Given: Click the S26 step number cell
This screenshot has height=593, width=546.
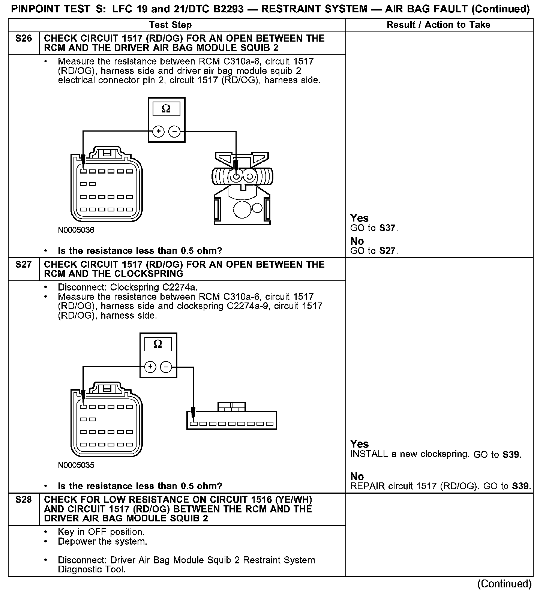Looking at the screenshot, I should click(x=24, y=39).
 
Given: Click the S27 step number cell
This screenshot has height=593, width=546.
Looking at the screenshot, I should click(x=24, y=265).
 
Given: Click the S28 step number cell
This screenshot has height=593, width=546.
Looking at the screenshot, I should click(x=24, y=500).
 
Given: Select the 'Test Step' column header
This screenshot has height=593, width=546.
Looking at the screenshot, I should click(x=170, y=25).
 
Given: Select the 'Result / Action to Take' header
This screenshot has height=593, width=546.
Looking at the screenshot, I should click(x=438, y=25).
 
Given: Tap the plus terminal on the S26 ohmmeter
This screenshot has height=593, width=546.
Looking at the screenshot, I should click(x=159, y=132).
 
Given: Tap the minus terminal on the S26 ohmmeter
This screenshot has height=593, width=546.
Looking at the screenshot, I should click(x=174, y=132).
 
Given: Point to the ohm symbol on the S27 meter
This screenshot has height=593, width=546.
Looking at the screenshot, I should click(x=158, y=344).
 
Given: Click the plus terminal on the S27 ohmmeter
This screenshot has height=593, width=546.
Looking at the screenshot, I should click(x=150, y=367).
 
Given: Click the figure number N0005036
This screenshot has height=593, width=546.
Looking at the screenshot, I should click(x=76, y=230).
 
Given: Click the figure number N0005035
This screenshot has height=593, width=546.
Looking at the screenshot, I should click(x=76, y=465).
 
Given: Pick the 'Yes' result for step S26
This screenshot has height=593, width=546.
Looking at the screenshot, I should click(x=359, y=218).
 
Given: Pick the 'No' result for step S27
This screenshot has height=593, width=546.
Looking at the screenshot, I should click(x=357, y=476).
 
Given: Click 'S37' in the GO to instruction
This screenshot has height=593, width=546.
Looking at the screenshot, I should click(x=387, y=228).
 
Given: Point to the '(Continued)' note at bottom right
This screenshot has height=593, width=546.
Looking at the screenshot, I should click(x=504, y=584).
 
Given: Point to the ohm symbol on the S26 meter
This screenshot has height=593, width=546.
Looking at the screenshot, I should click(x=166, y=109).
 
